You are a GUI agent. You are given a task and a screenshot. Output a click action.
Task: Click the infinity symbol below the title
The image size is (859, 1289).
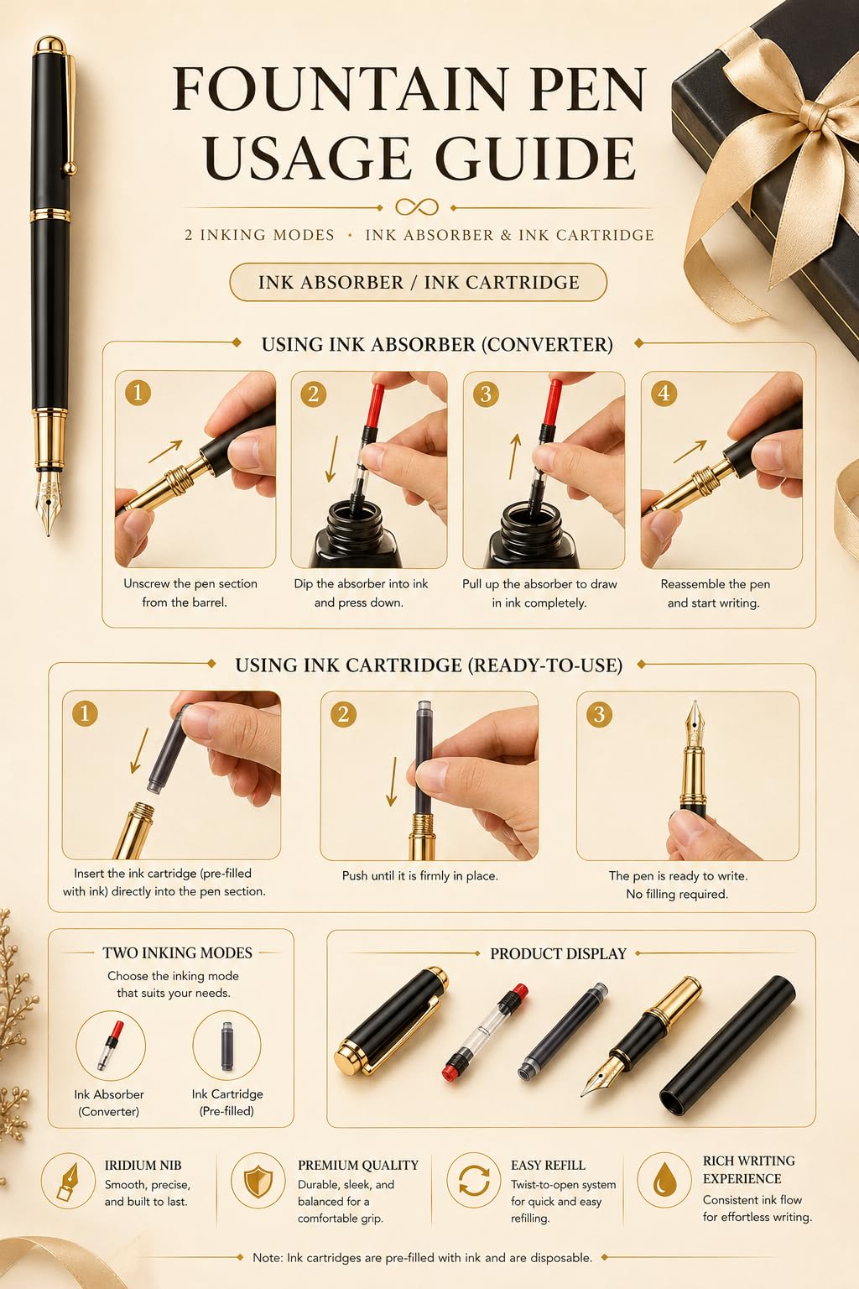(417, 207)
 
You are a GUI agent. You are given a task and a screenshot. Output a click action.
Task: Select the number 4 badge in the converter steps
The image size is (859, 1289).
(664, 394)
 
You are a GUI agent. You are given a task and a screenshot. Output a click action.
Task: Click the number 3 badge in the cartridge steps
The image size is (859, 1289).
(599, 714)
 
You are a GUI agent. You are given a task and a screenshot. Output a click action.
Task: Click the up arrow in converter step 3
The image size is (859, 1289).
(514, 457)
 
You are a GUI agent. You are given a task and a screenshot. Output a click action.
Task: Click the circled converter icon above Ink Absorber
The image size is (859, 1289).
(110, 1046)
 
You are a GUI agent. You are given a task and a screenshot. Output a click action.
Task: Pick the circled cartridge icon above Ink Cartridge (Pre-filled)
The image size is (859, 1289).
(226, 1046)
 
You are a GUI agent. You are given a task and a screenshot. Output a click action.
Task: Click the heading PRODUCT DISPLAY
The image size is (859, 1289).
(558, 953)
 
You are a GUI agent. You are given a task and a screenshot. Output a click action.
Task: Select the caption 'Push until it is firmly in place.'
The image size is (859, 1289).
(420, 876)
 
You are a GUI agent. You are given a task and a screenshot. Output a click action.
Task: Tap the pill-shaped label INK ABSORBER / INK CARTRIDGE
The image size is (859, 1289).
(419, 282)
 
